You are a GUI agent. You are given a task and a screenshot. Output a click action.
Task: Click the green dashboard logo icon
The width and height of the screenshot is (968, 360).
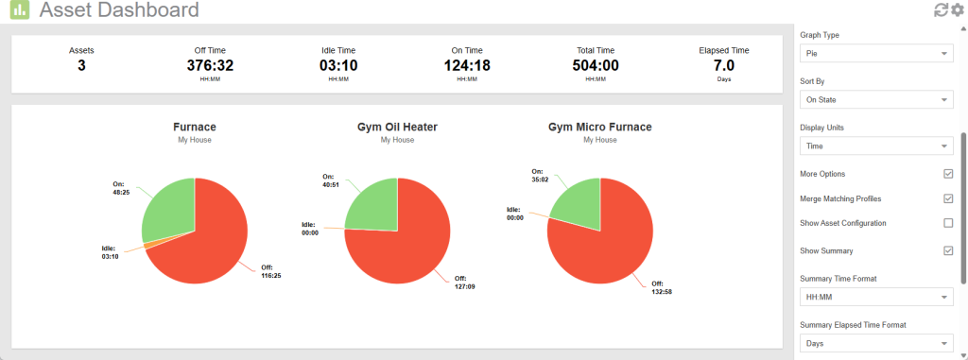(x=19, y=10)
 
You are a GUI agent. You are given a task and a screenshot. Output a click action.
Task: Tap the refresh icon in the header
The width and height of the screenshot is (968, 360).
(x=941, y=10)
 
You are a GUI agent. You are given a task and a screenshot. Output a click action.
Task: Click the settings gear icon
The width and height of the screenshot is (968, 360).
(x=957, y=10)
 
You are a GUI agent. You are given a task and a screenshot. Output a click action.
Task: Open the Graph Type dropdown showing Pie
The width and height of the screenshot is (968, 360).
(x=874, y=54)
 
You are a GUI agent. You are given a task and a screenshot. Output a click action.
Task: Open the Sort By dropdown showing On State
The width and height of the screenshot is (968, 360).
(x=874, y=99)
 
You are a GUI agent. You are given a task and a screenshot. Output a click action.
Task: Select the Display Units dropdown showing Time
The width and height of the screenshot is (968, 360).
(x=874, y=146)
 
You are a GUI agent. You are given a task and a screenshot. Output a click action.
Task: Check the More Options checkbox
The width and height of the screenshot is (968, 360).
(x=948, y=174)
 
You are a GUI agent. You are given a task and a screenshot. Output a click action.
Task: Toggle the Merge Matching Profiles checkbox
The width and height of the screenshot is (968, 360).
(x=948, y=198)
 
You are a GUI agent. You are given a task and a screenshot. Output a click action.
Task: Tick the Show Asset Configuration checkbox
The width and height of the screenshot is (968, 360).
(x=948, y=223)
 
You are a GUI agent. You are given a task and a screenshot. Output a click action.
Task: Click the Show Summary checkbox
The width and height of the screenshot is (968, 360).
(x=948, y=250)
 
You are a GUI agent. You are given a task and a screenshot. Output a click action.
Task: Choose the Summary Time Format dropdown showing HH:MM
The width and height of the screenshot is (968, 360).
(x=874, y=298)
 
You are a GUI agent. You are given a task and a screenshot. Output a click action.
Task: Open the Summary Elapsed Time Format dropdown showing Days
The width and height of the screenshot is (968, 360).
(x=874, y=343)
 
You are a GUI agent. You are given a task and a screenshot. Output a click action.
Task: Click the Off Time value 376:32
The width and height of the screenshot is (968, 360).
(x=210, y=65)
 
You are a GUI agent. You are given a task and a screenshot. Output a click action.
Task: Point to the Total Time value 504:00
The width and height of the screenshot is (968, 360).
(x=596, y=65)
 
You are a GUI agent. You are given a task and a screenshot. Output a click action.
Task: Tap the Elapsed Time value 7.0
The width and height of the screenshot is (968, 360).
(x=724, y=65)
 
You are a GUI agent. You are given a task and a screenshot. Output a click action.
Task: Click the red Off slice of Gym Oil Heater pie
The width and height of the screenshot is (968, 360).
(x=406, y=246)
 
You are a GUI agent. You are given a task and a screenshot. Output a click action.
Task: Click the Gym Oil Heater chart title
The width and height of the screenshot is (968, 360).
(x=397, y=127)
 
